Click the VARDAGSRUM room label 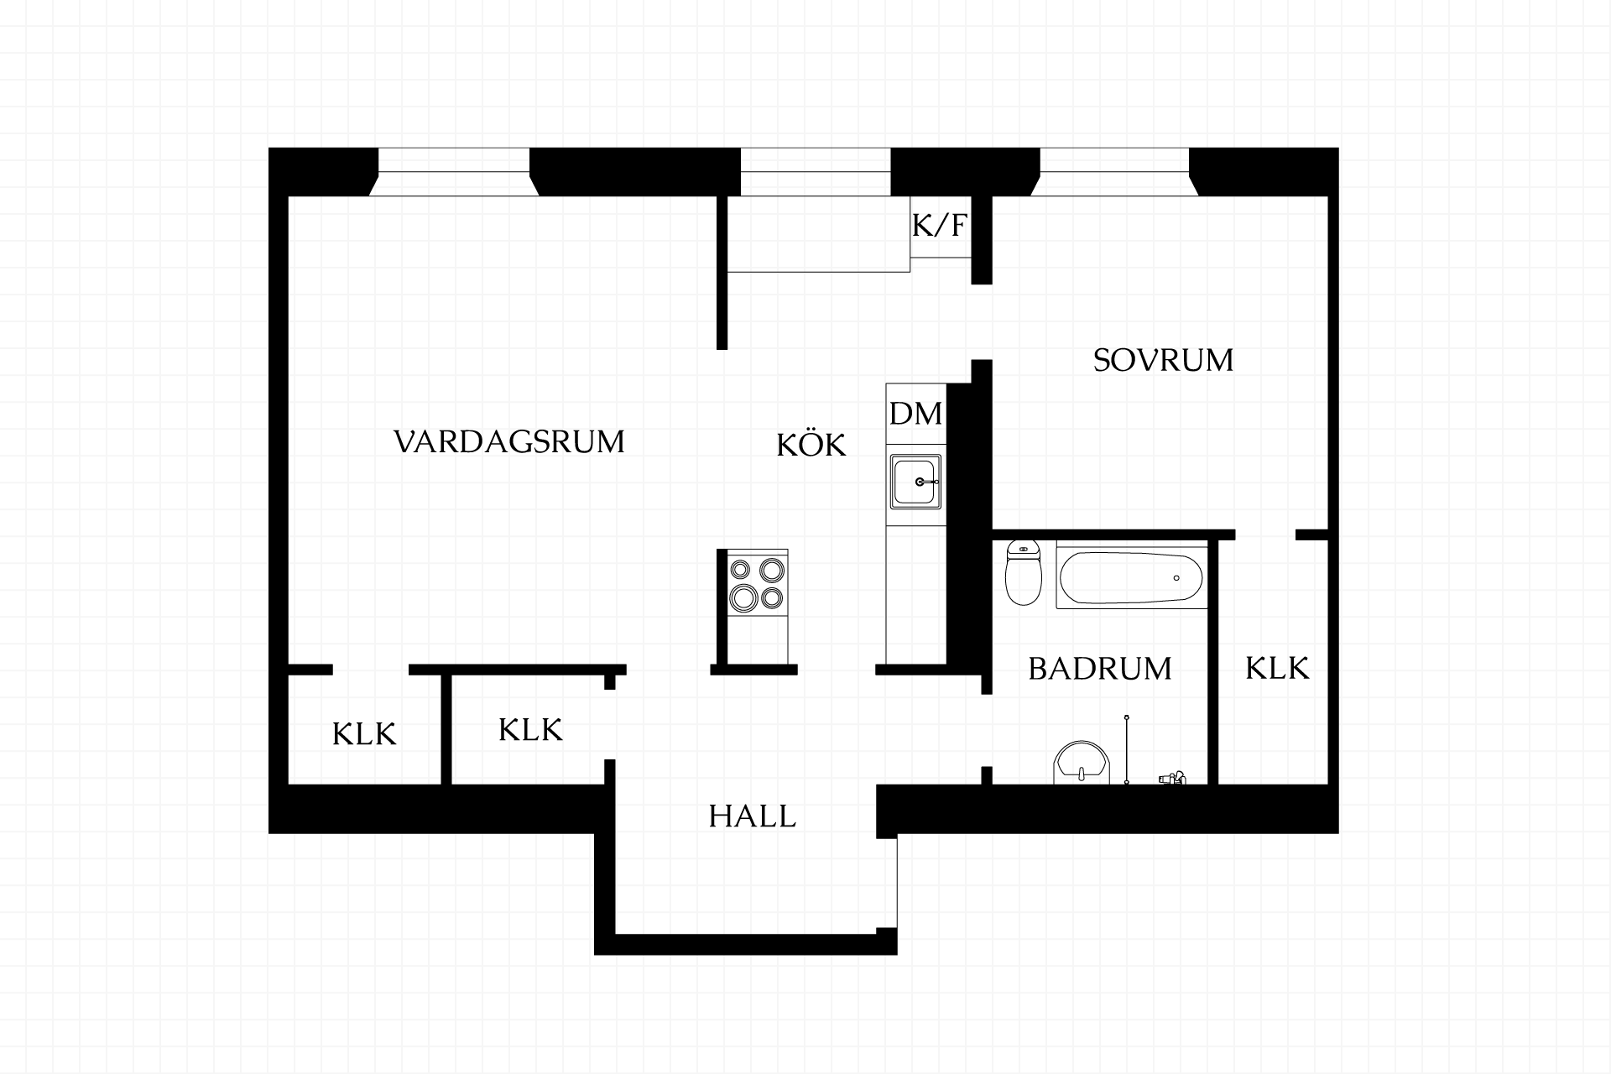[x=509, y=441]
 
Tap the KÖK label [x=811, y=444]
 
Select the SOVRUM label [x=1163, y=360]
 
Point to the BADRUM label [x=1100, y=669]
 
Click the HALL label [x=752, y=816]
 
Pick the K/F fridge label [x=940, y=225]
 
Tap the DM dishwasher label [x=915, y=414]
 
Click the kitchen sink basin [x=916, y=482]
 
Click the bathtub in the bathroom [x=1131, y=578]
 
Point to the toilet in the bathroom [x=1023, y=573]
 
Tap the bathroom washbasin [x=1082, y=762]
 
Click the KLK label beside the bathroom [x=1276, y=669]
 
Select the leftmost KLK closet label [x=364, y=734]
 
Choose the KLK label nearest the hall [x=530, y=730]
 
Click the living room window [x=454, y=172]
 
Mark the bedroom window [x=1115, y=172]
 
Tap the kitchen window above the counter [x=815, y=172]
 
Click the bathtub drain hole [x=1176, y=578]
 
